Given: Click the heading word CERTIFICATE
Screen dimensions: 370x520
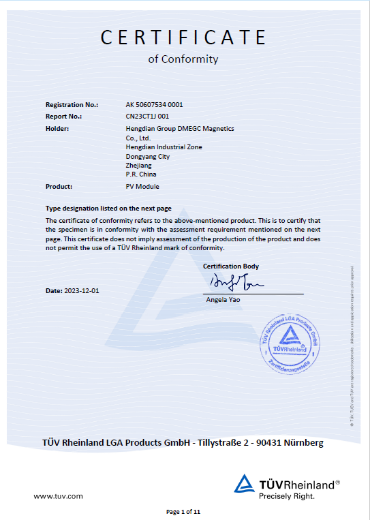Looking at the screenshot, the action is [183, 37].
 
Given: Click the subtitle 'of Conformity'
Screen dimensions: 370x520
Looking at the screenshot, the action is [183, 59].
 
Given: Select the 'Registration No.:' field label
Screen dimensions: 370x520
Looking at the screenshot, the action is [72, 105].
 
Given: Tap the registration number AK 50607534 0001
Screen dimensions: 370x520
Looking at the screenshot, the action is [154, 105].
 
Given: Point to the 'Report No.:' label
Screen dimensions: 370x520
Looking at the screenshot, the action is [63, 116].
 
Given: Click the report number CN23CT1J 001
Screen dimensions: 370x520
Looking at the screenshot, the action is [147, 116].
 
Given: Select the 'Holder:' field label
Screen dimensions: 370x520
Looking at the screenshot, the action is [57, 127].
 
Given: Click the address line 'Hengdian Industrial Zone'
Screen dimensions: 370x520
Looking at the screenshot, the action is [164, 147].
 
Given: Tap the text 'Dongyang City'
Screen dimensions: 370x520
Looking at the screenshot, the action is [148, 156].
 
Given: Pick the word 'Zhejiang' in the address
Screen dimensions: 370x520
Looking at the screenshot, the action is [139, 166].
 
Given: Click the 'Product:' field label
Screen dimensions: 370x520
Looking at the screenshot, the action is [59, 186].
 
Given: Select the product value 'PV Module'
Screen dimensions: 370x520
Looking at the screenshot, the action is [142, 186].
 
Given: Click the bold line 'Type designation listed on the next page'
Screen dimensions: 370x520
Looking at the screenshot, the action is [108, 208].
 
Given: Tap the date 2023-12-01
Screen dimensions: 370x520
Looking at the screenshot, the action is [82, 290].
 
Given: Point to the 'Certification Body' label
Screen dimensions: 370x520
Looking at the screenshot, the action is [231, 266].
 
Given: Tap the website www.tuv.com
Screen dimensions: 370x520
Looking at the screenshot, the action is [59, 495].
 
